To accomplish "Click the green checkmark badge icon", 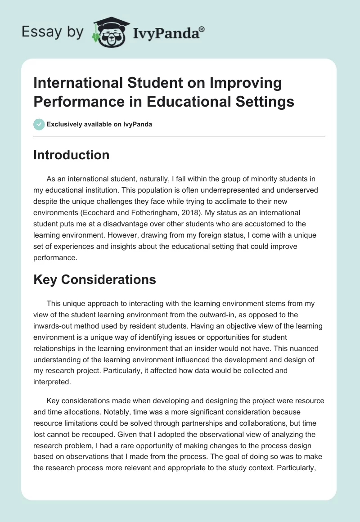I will pyautogui.click(x=39, y=124).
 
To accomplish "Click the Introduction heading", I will pyautogui.click(x=71, y=155).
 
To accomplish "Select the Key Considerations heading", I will pyautogui.click(x=94, y=279).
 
